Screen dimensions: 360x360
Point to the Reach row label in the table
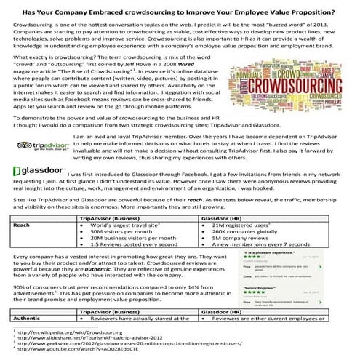click(x=22, y=226)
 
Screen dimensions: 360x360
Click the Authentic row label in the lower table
click(x=27, y=319)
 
